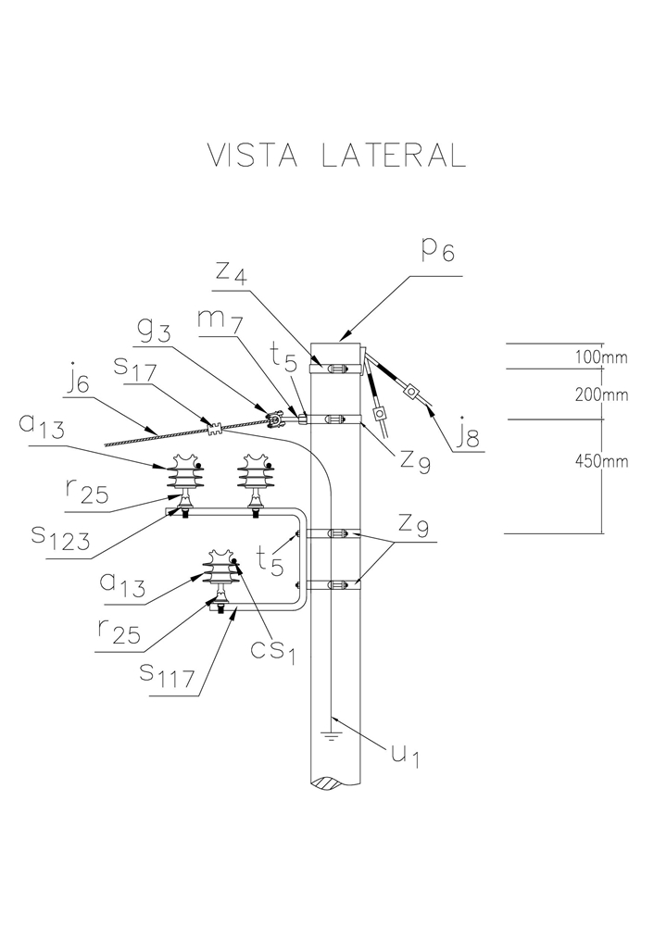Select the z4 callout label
(231, 273)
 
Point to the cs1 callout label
(270, 650)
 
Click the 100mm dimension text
(601, 357)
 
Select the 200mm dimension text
(601, 394)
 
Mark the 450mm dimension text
(601, 463)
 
